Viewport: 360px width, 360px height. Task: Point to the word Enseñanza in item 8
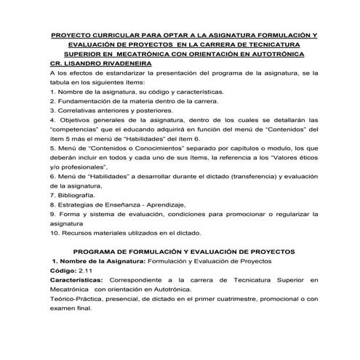pyautogui.click(x=124, y=204)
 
